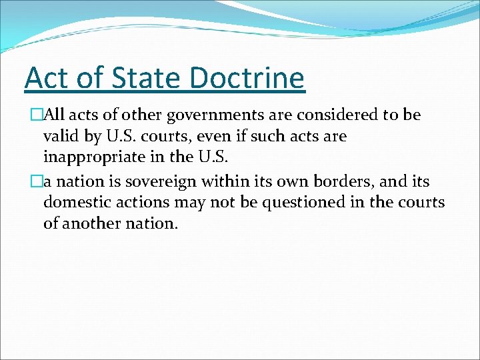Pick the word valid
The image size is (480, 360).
tap(59, 137)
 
